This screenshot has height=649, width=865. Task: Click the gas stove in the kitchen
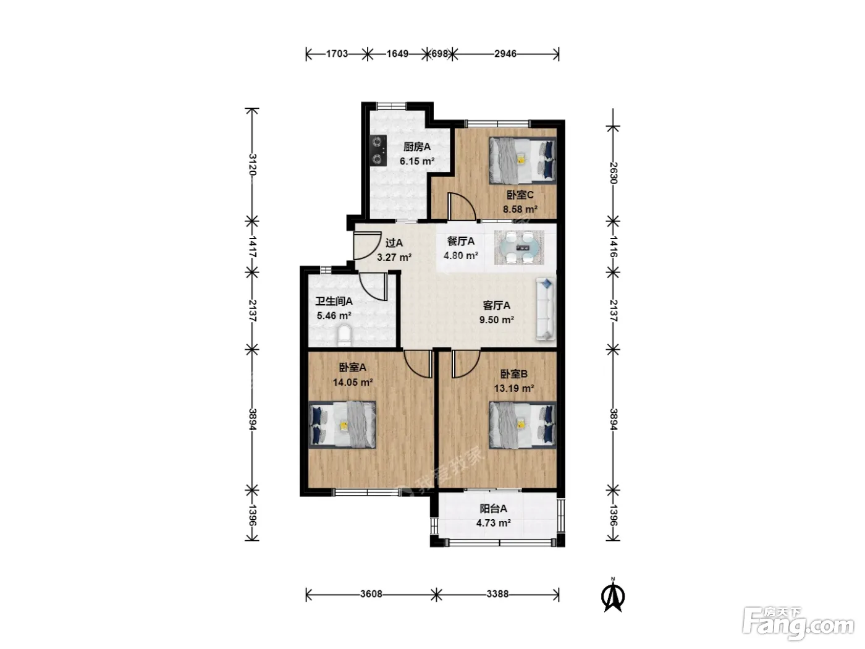tap(103, 150)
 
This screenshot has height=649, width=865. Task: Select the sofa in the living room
tap(546, 308)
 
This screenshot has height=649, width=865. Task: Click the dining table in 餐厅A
tap(519, 247)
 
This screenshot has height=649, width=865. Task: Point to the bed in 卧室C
tap(523, 160)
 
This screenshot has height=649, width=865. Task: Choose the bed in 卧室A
tap(342, 425)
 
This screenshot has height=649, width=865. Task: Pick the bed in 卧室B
tap(523, 425)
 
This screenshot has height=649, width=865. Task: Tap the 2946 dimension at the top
tap(505, 54)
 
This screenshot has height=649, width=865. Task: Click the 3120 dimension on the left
tap(253, 164)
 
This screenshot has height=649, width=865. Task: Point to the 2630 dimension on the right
tap(613, 173)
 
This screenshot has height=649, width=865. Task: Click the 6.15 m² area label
tap(417, 161)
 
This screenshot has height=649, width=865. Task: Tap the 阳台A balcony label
tap(494, 509)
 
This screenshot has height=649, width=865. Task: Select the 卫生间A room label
tap(334, 302)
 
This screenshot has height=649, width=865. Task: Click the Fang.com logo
tap(798, 624)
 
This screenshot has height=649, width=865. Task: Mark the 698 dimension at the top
tap(439, 54)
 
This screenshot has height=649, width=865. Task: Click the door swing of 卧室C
tap(462, 206)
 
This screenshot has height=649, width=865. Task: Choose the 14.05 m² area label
tap(353, 382)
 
